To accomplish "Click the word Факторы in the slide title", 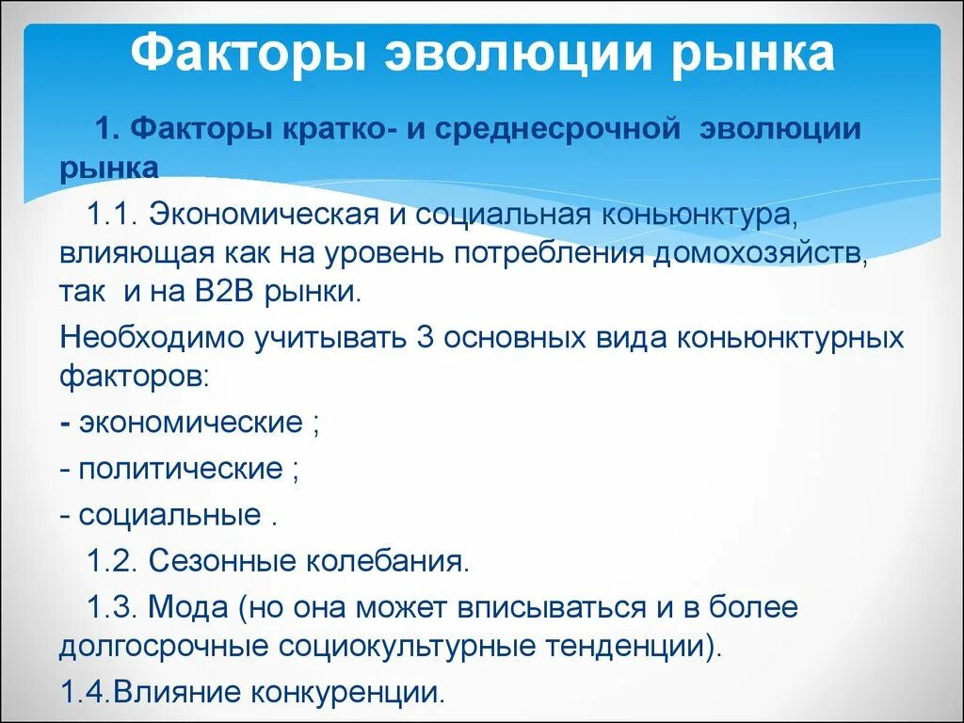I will (x=247, y=54).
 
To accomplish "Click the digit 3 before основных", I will (x=424, y=337).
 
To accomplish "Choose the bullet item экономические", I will (x=190, y=422).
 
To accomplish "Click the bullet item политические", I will (x=181, y=468).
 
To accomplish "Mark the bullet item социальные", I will (x=169, y=515).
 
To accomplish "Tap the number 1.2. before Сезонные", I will (x=113, y=562).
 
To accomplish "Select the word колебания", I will (x=386, y=562).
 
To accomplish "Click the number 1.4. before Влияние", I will (x=85, y=693).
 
